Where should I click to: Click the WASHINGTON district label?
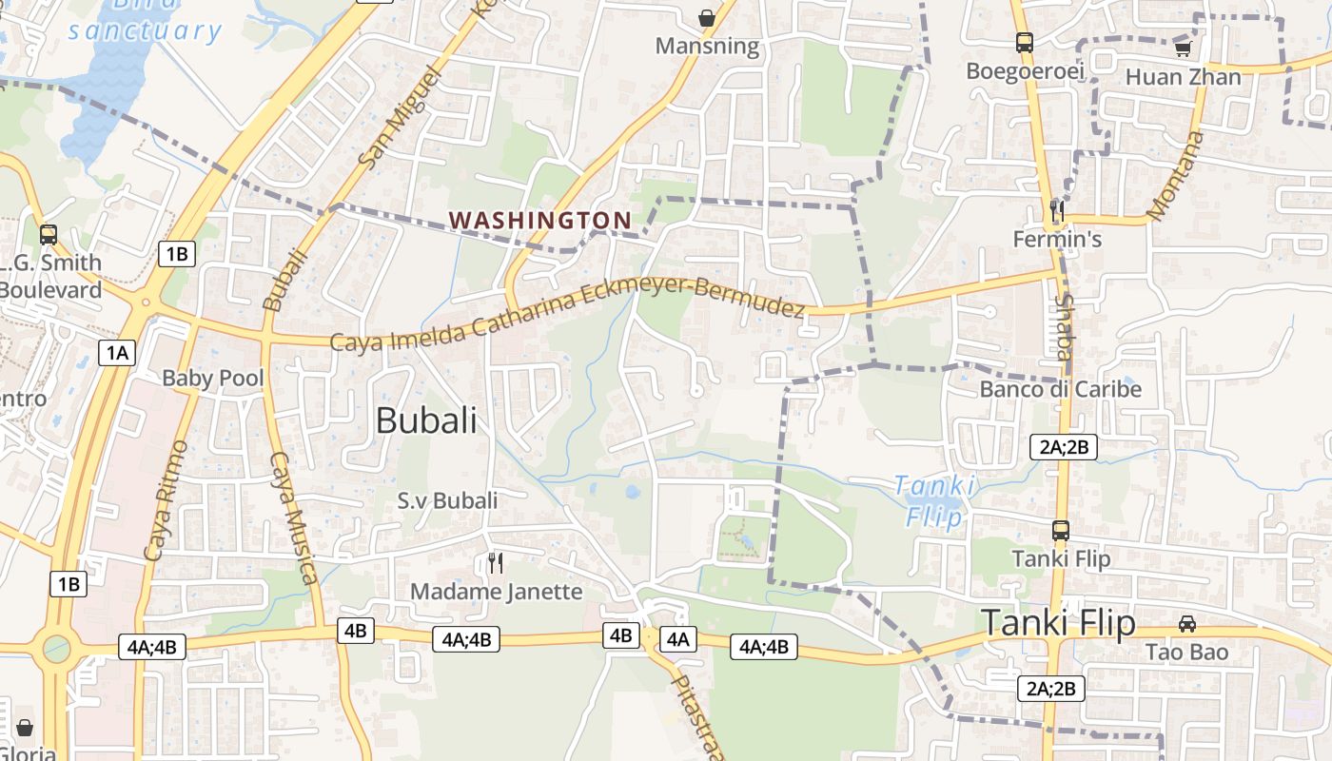539,220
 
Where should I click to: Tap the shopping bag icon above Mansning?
707,17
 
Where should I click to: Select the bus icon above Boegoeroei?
1025,42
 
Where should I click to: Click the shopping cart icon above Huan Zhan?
1183,48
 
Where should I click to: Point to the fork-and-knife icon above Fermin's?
1056,209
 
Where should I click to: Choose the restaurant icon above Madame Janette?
495,562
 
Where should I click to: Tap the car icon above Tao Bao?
1186,624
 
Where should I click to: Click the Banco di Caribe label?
1060,389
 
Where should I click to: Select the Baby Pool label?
212,378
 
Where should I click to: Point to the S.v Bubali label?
447,499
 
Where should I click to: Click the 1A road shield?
116,353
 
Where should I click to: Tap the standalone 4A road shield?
677,639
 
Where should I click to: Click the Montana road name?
1176,176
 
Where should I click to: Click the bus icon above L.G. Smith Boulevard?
49,234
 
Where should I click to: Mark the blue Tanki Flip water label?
935,500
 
